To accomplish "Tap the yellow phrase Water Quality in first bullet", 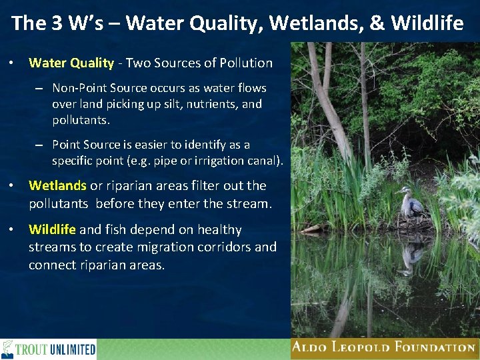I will pos(71,63).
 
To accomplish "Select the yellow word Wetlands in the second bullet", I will pos(57,186).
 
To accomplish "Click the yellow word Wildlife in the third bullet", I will pos(52,230).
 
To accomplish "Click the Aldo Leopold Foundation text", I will pos(383,347).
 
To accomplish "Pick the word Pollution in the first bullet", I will pos(245,63).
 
